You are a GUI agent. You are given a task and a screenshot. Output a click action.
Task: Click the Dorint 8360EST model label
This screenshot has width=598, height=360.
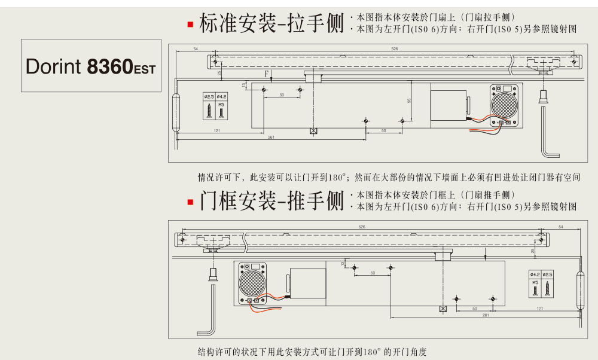[x=90, y=66]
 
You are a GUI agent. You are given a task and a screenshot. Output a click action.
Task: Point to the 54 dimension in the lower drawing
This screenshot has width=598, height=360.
[x=560, y=227]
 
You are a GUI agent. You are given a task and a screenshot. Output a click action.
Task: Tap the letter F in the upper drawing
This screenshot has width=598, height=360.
[x=267, y=74]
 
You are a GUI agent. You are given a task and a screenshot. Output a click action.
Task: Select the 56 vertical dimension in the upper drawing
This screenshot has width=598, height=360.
[x=410, y=100]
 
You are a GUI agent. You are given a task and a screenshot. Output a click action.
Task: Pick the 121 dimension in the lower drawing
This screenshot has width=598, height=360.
[x=540, y=309]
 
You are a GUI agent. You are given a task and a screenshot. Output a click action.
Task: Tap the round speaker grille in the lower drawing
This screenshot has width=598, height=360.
[x=252, y=282]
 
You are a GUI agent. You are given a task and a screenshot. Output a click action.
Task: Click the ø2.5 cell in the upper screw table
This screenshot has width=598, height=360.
[x=209, y=96]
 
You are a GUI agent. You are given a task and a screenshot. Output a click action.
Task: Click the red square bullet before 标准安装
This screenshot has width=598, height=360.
[x=190, y=25]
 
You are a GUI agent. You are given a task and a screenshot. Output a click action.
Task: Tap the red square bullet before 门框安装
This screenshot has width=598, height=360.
[x=190, y=202]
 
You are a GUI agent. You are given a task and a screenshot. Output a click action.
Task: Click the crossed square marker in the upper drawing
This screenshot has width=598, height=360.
[x=313, y=131]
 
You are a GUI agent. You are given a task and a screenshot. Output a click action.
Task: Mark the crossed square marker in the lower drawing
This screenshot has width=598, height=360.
[x=443, y=309]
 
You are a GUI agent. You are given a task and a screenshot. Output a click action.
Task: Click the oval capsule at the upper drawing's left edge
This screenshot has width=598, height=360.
[x=175, y=112]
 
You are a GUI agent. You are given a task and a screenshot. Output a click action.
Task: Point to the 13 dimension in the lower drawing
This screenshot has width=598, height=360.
[x=343, y=263]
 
